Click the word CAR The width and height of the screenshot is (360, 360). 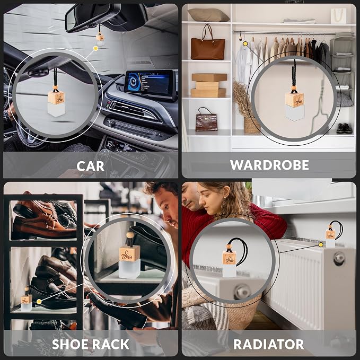[90, 166]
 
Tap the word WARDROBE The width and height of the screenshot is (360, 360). [269, 165]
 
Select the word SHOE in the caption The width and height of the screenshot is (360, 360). [68, 344]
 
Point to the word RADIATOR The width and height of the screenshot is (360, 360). [269, 345]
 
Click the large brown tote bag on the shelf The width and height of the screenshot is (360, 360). [208, 45]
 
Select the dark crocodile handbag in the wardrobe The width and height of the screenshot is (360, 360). [206, 119]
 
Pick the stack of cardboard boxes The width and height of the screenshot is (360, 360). [208, 85]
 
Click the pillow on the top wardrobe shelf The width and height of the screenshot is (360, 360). [208, 15]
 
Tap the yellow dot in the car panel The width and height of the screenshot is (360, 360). [96, 48]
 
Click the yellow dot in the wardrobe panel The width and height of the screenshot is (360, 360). [245, 43]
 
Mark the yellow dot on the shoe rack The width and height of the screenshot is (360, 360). [39, 302]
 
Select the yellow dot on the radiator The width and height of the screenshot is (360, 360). [321, 245]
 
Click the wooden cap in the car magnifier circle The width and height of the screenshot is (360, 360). [56, 98]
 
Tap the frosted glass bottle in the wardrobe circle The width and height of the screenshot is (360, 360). [295, 113]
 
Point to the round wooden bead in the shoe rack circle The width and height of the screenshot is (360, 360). [130, 236]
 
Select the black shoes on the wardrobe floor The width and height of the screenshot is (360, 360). [344, 128]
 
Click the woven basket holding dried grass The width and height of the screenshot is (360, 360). [252, 125]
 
